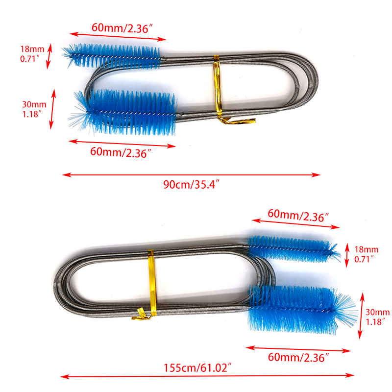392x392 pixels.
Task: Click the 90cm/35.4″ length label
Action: pyautogui.click(x=191, y=185)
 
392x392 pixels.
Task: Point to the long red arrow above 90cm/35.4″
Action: pyautogui.click(x=191, y=174)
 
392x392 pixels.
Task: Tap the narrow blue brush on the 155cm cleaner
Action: pyautogui.click(x=292, y=247)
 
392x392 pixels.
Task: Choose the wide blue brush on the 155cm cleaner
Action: pyautogui.click(x=299, y=306)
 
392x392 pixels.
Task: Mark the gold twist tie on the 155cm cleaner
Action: pyautogui.click(x=149, y=284)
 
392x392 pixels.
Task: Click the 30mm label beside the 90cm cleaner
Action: pyautogui.click(x=33, y=108)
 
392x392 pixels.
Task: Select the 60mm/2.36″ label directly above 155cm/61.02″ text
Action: pyautogui.click(x=298, y=358)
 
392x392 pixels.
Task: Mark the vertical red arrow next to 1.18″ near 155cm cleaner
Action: pyautogui.click(x=362, y=316)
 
